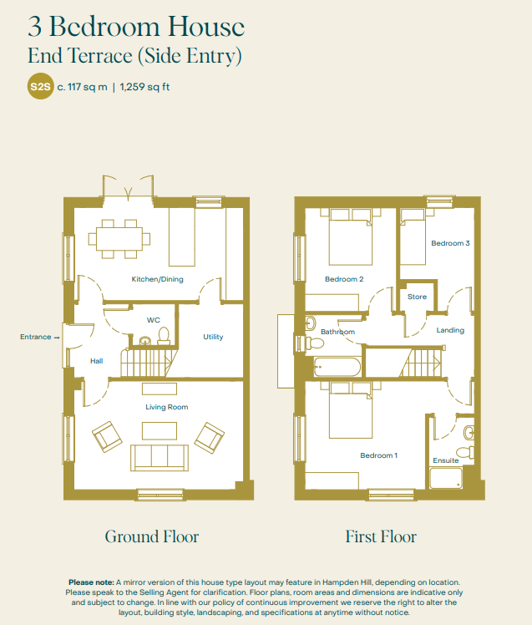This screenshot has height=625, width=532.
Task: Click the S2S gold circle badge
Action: point(40,87)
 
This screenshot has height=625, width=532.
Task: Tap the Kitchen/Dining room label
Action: point(157,279)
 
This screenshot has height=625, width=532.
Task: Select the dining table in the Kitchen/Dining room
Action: point(119,239)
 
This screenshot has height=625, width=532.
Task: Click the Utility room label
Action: point(213,337)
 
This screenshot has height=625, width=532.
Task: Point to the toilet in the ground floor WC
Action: point(164,336)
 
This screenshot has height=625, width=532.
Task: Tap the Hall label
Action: point(96,361)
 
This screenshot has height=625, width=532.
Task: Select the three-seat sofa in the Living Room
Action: point(160,458)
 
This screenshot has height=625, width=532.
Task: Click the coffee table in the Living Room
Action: point(160,431)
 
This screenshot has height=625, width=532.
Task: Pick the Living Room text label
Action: point(166,407)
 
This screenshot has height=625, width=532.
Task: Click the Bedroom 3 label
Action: point(450,243)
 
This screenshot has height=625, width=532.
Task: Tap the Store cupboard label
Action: point(417,297)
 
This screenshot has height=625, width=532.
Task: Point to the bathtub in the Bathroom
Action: point(337,367)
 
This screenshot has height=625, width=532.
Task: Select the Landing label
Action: point(450,330)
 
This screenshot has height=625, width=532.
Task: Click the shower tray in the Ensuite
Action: point(446,478)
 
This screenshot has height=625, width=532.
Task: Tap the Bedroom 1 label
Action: point(378,455)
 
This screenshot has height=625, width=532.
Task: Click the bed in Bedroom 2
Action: point(351,236)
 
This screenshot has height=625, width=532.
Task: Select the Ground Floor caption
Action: point(152,536)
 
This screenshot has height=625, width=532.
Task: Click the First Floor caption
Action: point(381,536)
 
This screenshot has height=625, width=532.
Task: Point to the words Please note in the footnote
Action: point(91,582)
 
